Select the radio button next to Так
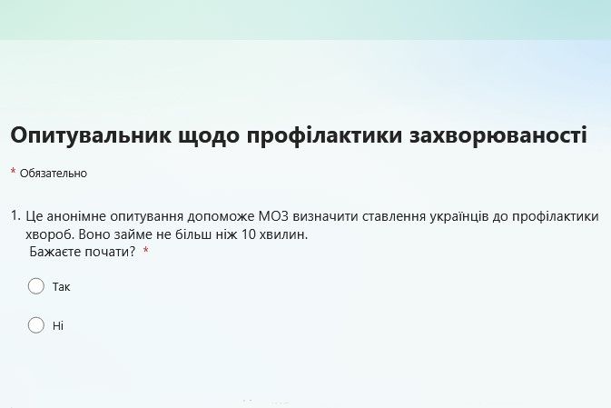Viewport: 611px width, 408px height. click(x=36, y=286)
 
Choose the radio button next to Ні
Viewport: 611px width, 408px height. click(x=36, y=325)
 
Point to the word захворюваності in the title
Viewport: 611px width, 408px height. click(x=498, y=135)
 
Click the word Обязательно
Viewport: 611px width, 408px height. click(x=54, y=174)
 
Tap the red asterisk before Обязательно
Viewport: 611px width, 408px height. click(x=14, y=171)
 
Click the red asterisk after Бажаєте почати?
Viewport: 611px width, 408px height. click(x=146, y=250)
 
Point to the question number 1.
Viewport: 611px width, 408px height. click(x=15, y=215)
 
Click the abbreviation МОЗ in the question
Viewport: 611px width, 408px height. click(x=273, y=215)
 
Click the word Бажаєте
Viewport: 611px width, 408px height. click(x=55, y=252)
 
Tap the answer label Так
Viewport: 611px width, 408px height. click(x=61, y=287)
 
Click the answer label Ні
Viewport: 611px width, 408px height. click(x=58, y=325)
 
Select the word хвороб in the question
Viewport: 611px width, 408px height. click(x=50, y=235)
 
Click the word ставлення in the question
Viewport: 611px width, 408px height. click(x=394, y=216)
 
